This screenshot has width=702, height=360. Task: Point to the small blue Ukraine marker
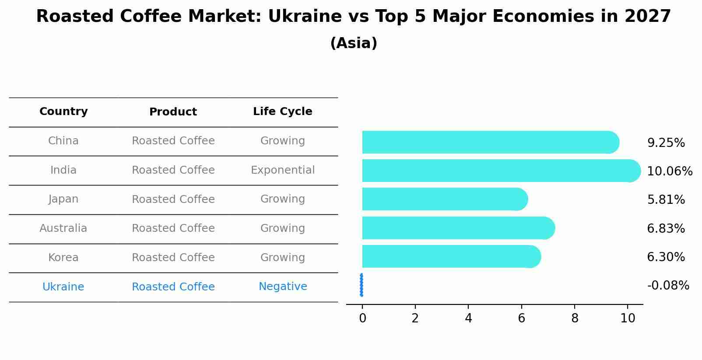[362, 285]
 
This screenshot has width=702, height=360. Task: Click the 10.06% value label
[670, 171]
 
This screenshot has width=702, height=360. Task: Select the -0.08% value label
[668, 286]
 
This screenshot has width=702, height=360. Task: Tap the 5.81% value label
[666, 200]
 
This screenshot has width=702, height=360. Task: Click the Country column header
[63, 112]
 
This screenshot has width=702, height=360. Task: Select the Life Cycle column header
[283, 112]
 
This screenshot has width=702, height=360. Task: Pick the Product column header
[173, 112]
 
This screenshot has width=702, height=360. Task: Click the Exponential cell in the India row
[283, 170]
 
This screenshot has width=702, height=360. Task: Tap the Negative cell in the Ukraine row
[283, 287]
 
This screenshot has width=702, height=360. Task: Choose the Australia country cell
[63, 228]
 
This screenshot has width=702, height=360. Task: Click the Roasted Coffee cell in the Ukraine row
[173, 287]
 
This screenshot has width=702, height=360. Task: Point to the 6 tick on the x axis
[521, 318]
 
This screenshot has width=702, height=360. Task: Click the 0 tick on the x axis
[362, 318]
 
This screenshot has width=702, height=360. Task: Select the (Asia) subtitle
[354, 43]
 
